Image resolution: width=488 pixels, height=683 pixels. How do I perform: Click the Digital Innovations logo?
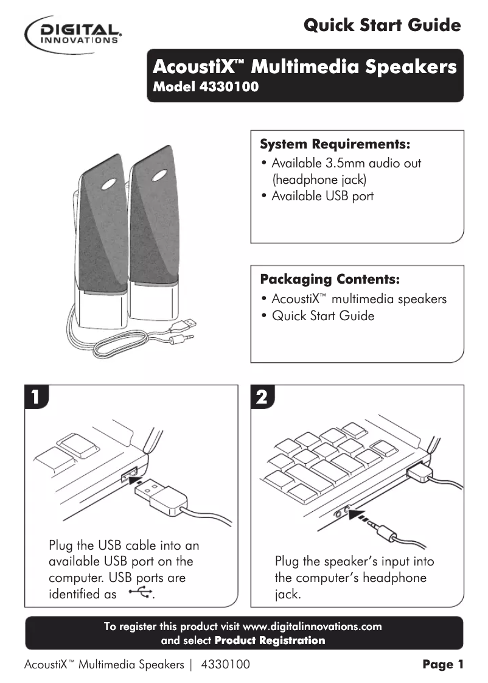click(x=74, y=32)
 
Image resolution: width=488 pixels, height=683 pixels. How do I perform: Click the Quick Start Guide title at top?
click(x=382, y=26)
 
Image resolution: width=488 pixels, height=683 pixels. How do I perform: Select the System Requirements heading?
click(x=335, y=145)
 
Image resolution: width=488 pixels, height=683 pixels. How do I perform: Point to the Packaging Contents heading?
click(x=330, y=279)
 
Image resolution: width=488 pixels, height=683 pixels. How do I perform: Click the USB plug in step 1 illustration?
click(x=155, y=493)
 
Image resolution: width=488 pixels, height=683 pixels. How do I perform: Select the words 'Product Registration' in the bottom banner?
click(x=270, y=640)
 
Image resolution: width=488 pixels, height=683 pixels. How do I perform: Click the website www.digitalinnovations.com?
click(x=312, y=626)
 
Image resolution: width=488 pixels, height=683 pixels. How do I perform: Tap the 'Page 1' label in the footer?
click(x=443, y=665)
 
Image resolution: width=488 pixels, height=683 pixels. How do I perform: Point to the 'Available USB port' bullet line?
click(x=322, y=196)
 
